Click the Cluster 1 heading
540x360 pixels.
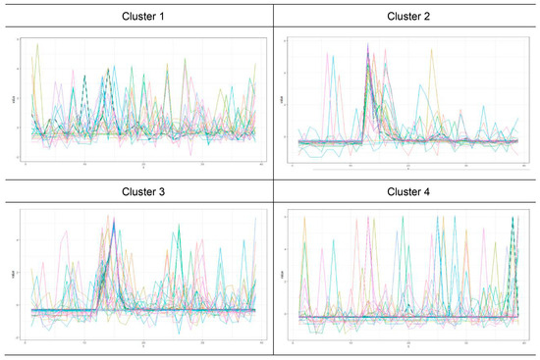[135, 17]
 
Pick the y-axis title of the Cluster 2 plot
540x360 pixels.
[283, 97]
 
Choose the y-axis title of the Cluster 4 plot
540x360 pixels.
[283, 274]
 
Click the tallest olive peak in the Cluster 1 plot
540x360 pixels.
[37, 44]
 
